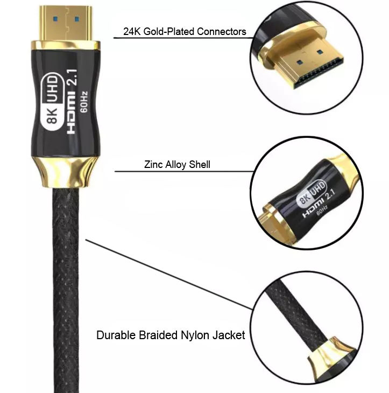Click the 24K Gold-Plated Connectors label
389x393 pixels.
click(x=185, y=31)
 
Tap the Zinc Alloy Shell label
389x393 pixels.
click(x=177, y=164)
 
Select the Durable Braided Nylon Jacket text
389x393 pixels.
click(x=171, y=335)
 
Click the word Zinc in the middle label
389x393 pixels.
click(x=153, y=164)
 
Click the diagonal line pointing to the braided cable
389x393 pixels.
click(x=167, y=275)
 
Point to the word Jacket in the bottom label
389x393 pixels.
click(x=229, y=335)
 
